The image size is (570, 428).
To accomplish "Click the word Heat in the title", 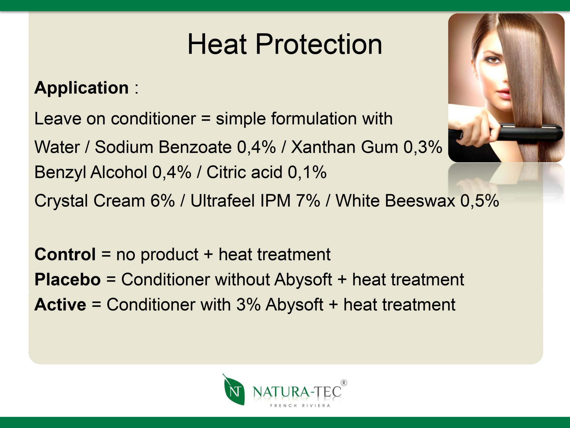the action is [x=217, y=44].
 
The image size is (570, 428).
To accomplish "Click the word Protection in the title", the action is [x=319, y=44].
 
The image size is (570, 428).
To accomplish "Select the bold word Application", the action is [x=81, y=88].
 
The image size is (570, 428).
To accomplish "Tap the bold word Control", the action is [x=65, y=254].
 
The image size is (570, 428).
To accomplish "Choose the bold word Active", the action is [x=60, y=305].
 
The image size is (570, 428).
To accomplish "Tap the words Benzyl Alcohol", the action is [x=91, y=172].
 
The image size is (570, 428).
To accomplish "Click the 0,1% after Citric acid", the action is [x=307, y=172].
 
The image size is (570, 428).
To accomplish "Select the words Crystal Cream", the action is [x=90, y=201].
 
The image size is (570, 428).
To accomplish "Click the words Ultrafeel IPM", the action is [x=240, y=201].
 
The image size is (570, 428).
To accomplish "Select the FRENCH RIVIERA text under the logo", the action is [x=300, y=405].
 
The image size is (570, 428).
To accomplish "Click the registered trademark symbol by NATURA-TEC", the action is [x=344, y=383].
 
